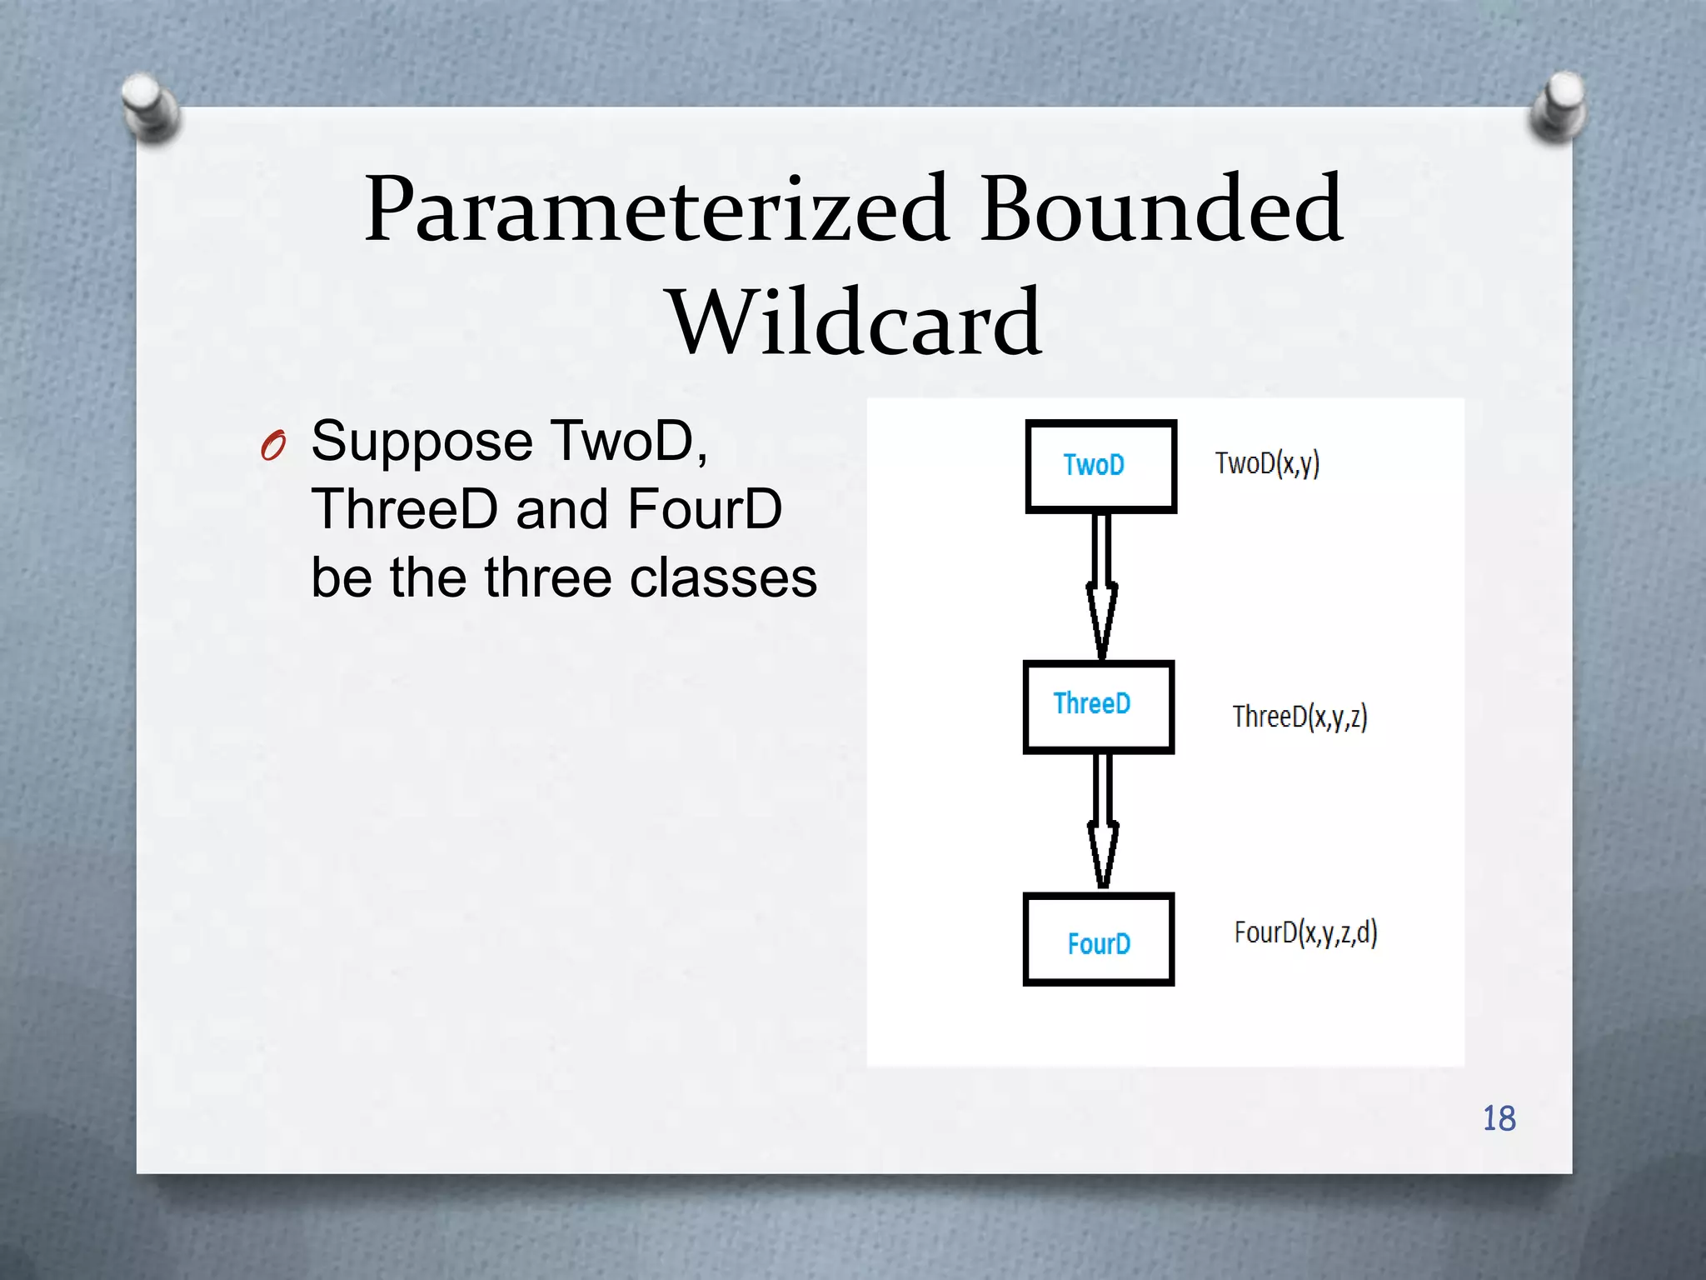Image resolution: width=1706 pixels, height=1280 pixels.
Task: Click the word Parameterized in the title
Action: [x=656, y=210]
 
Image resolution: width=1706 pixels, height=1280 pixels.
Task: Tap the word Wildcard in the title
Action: [x=855, y=322]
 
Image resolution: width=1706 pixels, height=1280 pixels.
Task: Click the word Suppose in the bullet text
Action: [x=422, y=441]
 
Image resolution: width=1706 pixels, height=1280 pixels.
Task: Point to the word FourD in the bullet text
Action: [x=705, y=509]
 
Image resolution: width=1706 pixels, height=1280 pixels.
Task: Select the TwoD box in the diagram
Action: [x=1100, y=466]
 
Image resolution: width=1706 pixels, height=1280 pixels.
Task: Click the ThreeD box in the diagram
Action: [x=1098, y=707]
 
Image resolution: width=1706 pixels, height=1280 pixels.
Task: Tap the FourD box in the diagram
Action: [x=1098, y=940]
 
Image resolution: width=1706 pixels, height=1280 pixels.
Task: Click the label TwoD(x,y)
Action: [x=1267, y=463]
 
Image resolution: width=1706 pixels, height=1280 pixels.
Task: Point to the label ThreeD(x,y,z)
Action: [x=1299, y=717]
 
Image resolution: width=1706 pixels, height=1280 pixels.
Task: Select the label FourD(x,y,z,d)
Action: [x=1305, y=933]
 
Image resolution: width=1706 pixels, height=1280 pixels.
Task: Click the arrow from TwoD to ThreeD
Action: [x=1101, y=587]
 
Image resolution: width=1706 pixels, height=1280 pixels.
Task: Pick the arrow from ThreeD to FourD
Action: [x=1102, y=822]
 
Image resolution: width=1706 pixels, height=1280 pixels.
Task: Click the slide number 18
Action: [x=1499, y=1118]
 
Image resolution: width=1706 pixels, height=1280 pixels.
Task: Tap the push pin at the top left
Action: [x=149, y=107]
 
